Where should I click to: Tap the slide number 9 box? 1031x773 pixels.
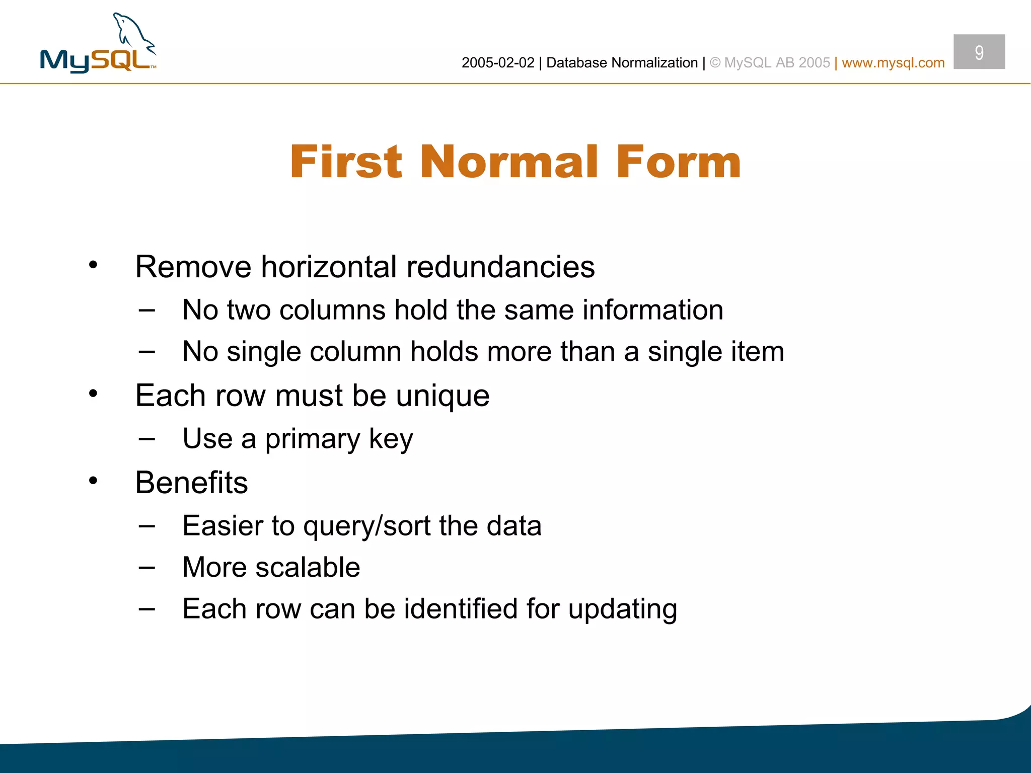(979, 52)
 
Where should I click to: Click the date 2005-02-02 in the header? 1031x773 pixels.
(497, 63)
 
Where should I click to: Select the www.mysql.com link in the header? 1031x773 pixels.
(893, 63)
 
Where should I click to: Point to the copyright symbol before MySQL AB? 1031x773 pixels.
(715, 63)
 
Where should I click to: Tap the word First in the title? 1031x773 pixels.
(346, 162)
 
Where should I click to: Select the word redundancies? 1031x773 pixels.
(500, 267)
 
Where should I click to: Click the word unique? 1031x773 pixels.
(443, 397)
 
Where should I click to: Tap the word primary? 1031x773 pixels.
(312, 439)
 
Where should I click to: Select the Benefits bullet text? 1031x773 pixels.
(191, 483)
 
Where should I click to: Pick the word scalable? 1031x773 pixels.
(308, 568)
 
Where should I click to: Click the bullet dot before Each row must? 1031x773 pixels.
(93, 394)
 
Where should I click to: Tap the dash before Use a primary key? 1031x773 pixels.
(146, 439)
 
